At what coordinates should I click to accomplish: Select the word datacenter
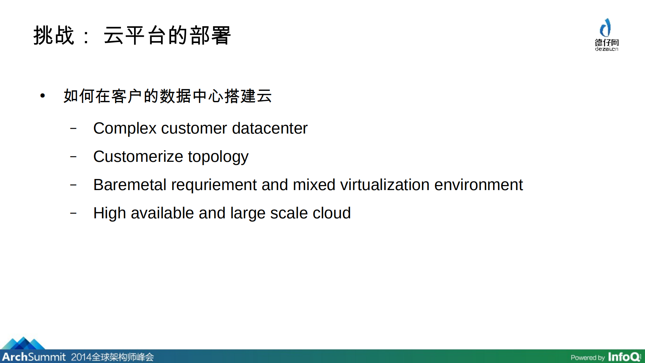point(270,129)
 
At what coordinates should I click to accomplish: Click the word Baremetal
point(130,185)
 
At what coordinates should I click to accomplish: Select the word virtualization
point(385,185)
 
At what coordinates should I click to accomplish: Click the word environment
point(478,185)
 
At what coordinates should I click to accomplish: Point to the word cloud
point(331,213)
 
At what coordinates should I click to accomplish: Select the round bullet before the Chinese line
point(43,96)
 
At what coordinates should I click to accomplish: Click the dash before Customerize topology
point(73,156)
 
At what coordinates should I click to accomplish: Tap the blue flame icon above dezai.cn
point(606,28)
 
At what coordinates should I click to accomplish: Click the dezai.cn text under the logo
point(606,49)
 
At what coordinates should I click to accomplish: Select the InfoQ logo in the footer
point(624,357)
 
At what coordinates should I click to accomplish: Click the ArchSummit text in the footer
point(34,357)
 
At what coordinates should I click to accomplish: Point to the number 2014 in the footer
point(81,357)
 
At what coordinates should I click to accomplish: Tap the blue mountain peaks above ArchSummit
point(23,343)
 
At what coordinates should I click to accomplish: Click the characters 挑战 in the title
point(54,35)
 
